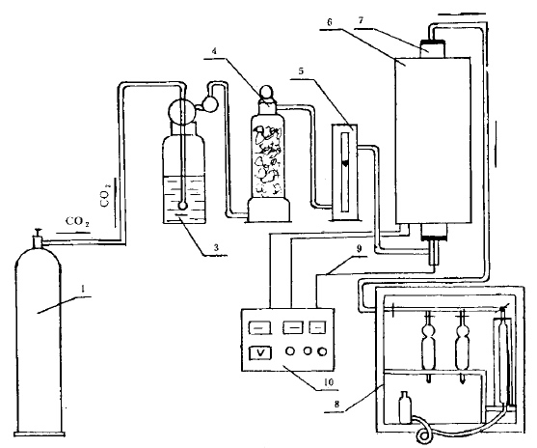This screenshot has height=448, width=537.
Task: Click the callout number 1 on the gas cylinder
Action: [83, 290]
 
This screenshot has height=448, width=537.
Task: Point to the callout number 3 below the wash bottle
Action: [216, 248]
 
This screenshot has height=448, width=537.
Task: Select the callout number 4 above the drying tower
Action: [214, 51]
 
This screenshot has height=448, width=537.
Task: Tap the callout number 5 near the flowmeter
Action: [301, 71]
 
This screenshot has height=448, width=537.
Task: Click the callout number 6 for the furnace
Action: [330, 22]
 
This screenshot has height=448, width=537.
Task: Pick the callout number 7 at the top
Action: [361, 20]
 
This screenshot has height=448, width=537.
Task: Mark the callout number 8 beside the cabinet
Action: [337, 405]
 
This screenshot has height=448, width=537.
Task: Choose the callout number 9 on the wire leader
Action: [359, 249]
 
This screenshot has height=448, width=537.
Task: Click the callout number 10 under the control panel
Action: [328, 382]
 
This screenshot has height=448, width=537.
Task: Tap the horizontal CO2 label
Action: [77, 222]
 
